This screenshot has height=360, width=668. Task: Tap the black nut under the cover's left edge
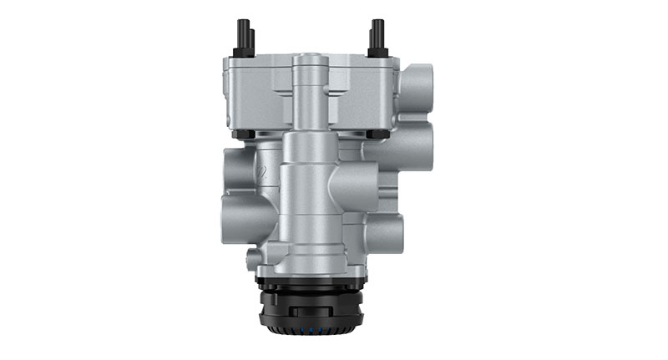pos(241,134)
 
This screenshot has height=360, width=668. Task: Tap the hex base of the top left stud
pos(244,53)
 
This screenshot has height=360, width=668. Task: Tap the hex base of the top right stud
pos(377,53)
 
